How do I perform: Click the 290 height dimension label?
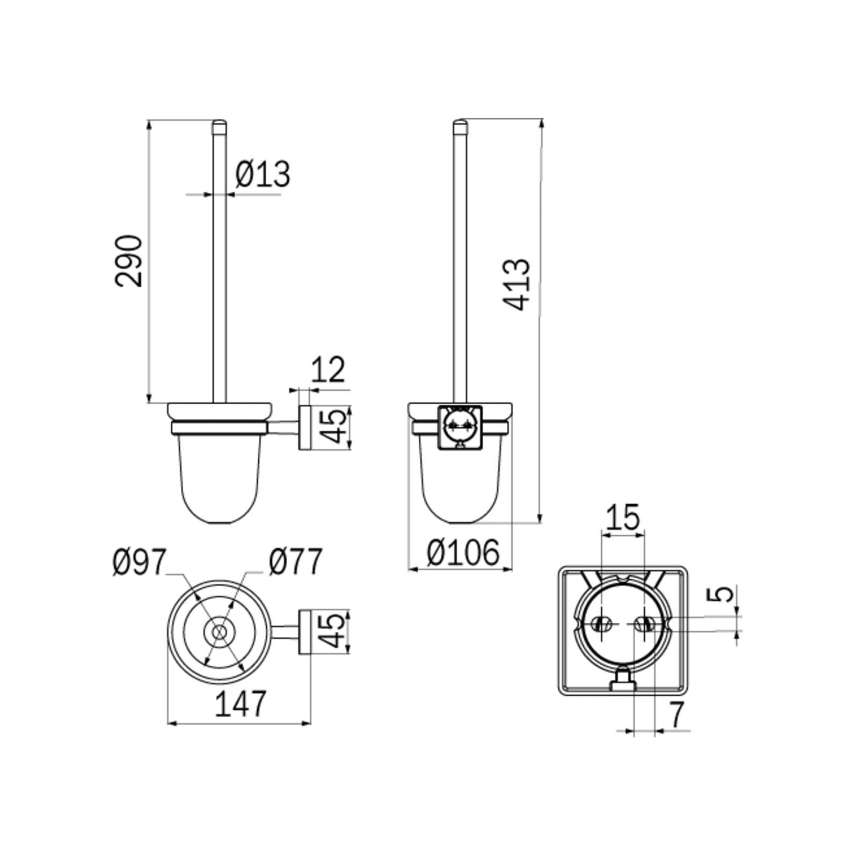tap(129, 260)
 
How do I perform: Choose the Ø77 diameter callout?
tap(296, 562)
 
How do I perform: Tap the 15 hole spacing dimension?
tap(623, 517)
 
